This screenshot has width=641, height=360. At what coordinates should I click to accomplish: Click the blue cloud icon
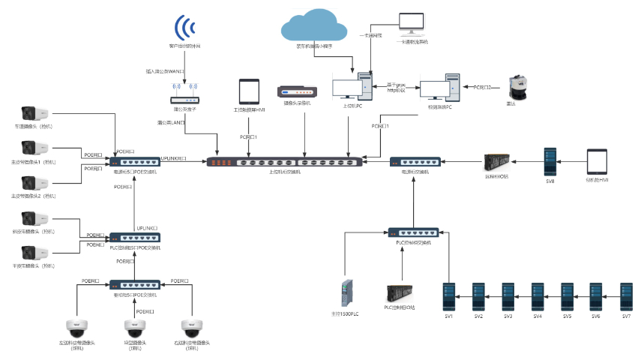tap(314, 27)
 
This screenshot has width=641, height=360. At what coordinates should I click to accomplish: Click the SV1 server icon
tap(449, 295)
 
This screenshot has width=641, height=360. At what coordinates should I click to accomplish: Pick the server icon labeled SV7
tap(626, 295)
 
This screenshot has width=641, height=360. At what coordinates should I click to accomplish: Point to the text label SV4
tap(538, 316)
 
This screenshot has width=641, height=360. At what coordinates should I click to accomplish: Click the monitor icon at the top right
tap(412, 25)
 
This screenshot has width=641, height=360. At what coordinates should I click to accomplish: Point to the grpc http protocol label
tap(397, 88)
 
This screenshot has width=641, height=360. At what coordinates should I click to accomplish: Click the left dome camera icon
tap(77, 328)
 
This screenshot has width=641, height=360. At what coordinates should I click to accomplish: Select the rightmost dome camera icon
tap(193, 328)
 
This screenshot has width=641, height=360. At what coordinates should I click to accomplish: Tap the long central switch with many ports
tap(295, 161)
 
